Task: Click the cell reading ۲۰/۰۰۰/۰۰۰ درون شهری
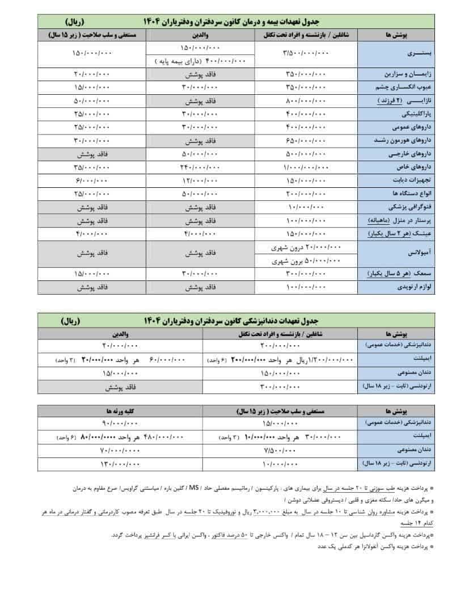(x=306, y=246)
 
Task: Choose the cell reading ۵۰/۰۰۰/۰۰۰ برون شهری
(x=306, y=260)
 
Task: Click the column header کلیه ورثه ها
(x=120, y=410)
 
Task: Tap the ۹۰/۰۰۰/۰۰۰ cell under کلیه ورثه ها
(x=120, y=423)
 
